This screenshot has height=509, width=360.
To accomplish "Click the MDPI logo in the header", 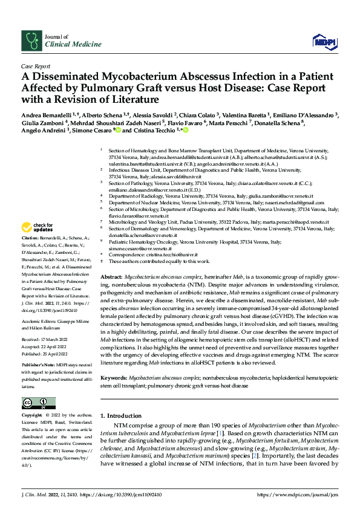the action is (323, 41).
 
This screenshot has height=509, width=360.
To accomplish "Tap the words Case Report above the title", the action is (36, 66).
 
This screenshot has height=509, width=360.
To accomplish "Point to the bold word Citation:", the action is (31, 239).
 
